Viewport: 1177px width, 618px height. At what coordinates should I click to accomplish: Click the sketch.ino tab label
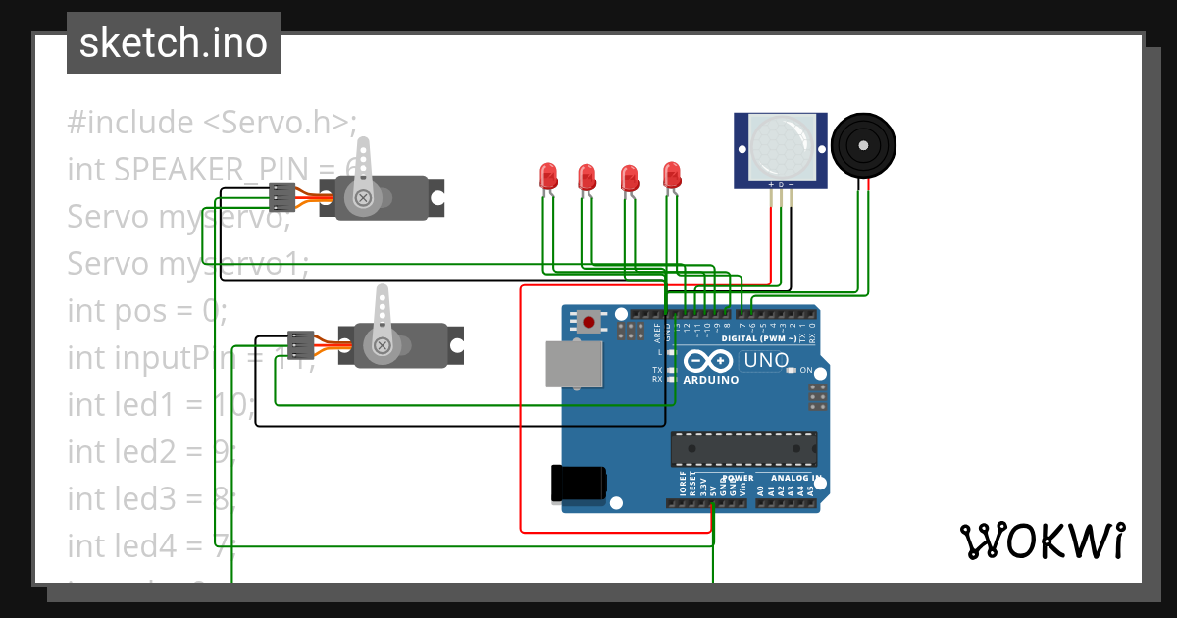point(174,43)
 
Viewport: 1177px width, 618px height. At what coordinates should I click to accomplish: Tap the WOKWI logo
point(1041,541)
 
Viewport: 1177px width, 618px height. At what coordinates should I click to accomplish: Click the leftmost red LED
point(548,177)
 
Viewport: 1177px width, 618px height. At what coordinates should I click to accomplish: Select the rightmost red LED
point(672,176)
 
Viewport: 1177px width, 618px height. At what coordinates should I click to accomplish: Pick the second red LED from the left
point(588,178)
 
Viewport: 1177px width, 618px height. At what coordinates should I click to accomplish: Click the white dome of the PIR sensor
point(781,148)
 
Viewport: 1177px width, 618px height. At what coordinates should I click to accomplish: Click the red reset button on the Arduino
point(588,320)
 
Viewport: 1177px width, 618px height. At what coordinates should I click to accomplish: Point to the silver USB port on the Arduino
point(575,364)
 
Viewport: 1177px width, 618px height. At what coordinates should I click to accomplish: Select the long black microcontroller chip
point(743,448)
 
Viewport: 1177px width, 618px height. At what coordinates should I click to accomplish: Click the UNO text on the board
point(767,360)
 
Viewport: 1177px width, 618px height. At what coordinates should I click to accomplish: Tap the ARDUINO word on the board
point(711,380)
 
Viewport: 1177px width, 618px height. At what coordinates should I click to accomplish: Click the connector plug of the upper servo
point(282,197)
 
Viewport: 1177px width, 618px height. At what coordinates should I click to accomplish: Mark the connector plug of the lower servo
point(300,344)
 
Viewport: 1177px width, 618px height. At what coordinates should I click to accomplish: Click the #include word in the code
point(130,123)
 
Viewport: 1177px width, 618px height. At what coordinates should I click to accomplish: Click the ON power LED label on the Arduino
point(806,370)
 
